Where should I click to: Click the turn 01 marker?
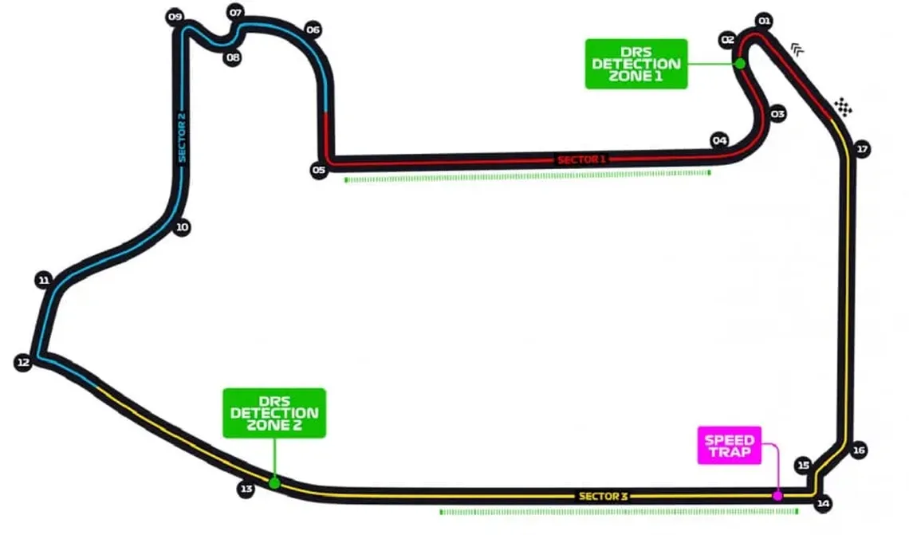pos(765,22)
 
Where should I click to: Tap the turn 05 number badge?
pos(319,170)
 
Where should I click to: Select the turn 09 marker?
pos(175,17)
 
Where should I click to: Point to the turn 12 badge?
pos(23,362)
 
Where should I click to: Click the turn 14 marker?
pos(823,503)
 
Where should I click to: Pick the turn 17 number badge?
pos(862,149)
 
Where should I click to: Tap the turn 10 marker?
pos(182,227)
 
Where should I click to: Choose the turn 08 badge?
pos(233,57)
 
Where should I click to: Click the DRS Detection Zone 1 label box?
pos(636,64)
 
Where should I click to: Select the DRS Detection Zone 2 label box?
pos(274,413)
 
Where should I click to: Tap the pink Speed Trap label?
pos(730,445)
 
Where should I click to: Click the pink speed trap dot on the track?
pos(777,496)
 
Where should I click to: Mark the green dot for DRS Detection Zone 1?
pos(740,63)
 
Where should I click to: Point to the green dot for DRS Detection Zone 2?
pos(274,483)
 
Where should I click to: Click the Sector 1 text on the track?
pos(581,159)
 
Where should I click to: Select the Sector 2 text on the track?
pos(182,137)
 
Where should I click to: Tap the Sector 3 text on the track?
pos(604,496)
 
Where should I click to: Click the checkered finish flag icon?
pos(844,107)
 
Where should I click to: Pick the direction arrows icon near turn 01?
pos(797,50)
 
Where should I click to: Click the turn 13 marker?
pos(246,490)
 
